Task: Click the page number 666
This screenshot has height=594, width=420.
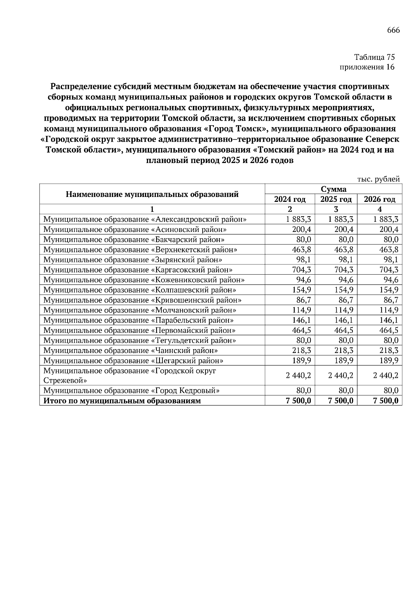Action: [393, 30]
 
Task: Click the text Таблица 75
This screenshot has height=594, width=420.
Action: [374, 57]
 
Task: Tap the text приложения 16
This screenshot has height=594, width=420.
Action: [367, 67]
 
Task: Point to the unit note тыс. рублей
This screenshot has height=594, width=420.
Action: [378, 179]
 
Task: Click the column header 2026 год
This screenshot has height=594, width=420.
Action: [379, 199]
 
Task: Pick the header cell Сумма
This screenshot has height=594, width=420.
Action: [333, 189]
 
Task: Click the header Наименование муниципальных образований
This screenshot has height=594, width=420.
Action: [152, 194]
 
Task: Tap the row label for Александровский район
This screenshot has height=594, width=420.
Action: [145, 219]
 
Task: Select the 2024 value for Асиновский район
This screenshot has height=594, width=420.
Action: [301, 229]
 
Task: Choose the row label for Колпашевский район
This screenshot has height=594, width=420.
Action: [140, 290]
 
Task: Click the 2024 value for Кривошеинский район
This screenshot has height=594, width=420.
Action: [303, 300]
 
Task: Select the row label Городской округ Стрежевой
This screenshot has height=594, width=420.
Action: [129, 375]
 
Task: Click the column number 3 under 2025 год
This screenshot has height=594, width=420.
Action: [336, 209]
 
